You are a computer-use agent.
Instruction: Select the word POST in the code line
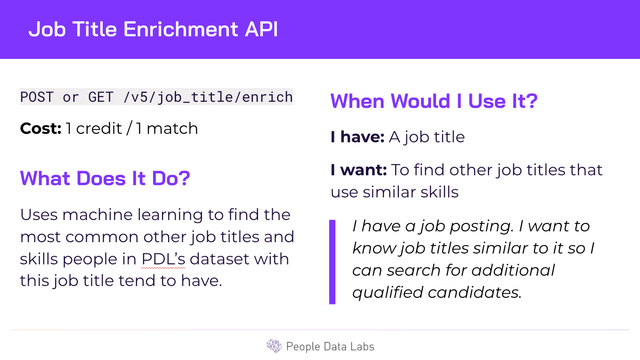tap(37, 97)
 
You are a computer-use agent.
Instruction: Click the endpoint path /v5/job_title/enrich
tap(208, 98)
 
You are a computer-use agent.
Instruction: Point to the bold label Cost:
tap(41, 128)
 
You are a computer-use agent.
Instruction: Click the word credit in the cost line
tap(99, 128)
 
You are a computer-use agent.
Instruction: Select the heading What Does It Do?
tap(105, 178)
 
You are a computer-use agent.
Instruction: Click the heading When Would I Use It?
tap(434, 101)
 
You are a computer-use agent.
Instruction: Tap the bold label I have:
tap(357, 137)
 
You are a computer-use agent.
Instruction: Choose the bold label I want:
tap(359, 170)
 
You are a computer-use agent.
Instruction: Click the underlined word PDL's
tap(163, 259)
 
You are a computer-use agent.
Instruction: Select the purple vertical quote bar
tap(332, 262)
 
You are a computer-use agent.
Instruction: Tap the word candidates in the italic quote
tap(475, 293)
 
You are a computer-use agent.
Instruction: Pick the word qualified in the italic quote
tap(388, 293)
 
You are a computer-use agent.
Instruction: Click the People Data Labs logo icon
tap(274, 346)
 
